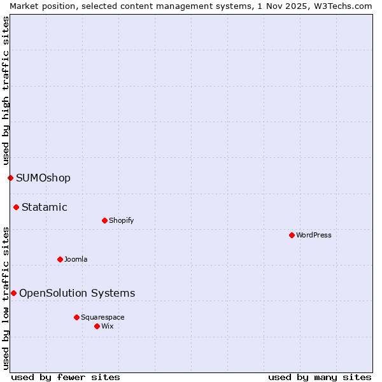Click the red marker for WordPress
tap(292, 235)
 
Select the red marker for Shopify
tap(104, 220)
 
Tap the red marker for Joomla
tap(60, 259)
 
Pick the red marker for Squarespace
tap(76, 317)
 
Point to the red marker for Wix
tap(97, 326)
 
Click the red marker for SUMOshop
tap(10, 178)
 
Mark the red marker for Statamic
tap(16, 207)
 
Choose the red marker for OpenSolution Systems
tap(13, 293)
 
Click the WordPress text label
tap(314, 235)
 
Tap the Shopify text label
tap(121, 220)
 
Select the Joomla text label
tap(76, 259)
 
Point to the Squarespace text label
tap(103, 317)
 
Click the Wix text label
tap(107, 326)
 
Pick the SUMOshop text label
tap(43, 178)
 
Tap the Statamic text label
tap(45, 207)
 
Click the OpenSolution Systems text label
tap(77, 293)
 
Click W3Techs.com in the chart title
tap(346, 6)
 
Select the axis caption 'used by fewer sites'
tap(66, 377)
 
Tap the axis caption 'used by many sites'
tap(320, 377)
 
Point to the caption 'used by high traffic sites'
tap(6, 90)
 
